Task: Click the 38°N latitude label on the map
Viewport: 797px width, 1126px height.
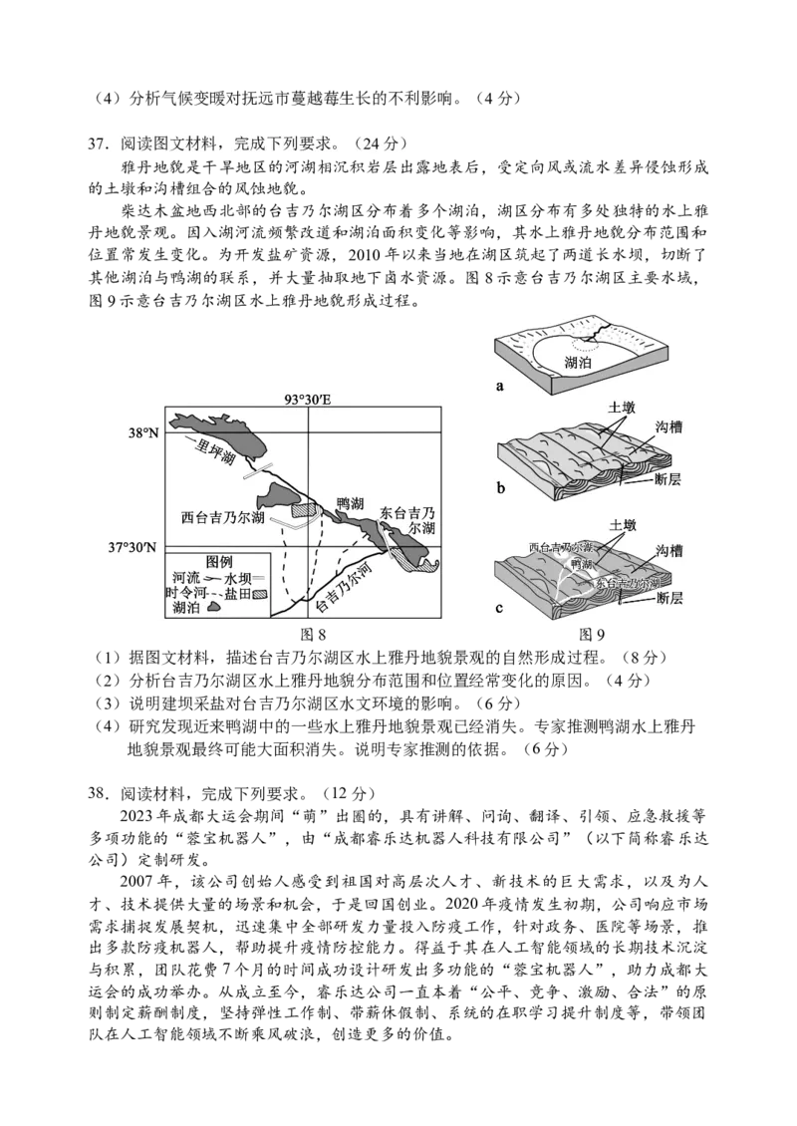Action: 142,433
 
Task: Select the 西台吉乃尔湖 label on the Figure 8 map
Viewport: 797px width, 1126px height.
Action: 222,518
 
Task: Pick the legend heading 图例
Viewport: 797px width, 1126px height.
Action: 219,562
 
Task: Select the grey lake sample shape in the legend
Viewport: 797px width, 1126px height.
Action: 213,608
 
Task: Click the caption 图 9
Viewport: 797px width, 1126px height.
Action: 591,634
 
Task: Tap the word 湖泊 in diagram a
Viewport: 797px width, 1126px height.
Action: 578,363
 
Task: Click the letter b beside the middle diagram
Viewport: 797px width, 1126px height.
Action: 501,488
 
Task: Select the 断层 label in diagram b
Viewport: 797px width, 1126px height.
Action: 667,479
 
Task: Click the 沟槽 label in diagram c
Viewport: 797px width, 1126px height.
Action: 668,551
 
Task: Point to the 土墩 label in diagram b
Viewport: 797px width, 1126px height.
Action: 622,408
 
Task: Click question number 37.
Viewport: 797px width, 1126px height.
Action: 97,144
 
